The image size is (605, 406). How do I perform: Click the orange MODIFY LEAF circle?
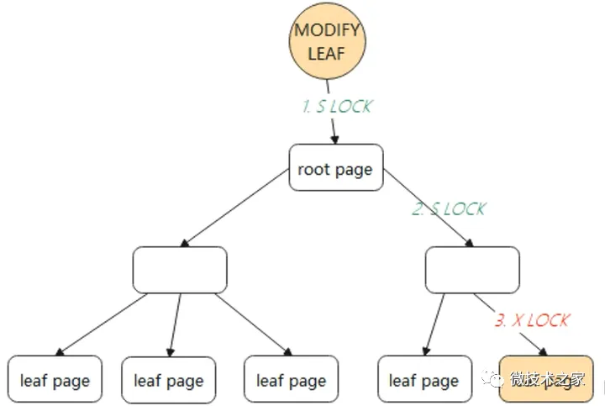point(327,41)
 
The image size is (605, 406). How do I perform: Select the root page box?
point(335,170)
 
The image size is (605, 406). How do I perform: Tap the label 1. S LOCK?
point(337,107)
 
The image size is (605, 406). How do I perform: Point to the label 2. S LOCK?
point(449,209)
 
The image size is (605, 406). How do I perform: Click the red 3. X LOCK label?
point(531,320)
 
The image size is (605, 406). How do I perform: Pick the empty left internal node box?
point(180,270)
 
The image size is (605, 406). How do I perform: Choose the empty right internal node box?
point(472,270)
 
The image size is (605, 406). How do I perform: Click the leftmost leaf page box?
point(55,381)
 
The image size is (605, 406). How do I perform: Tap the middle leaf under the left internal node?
point(168,381)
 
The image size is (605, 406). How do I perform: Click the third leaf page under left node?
point(291,381)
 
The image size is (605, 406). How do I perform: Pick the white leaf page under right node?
point(423,381)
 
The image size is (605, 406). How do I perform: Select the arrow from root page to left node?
point(235,208)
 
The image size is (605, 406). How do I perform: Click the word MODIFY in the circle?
point(327,31)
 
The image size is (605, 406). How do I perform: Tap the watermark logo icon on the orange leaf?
point(496,380)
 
